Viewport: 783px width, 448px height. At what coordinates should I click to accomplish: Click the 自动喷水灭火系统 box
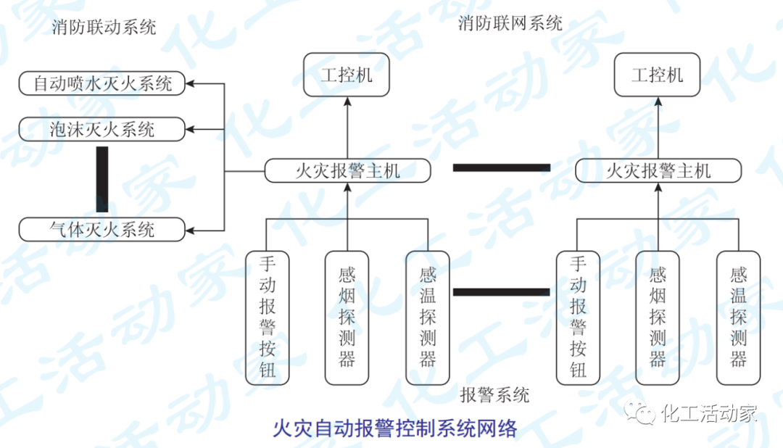click(x=102, y=83)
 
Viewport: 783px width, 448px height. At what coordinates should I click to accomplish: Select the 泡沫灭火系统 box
click(x=102, y=130)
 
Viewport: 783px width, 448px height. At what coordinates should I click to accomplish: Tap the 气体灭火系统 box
click(x=102, y=230)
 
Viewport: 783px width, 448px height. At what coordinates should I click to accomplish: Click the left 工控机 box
click(x=347, y=75)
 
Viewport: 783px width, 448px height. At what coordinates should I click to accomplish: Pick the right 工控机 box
click(x=658, y=75)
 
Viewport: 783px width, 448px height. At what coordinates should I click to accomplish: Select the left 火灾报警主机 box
click(x=347, y=171)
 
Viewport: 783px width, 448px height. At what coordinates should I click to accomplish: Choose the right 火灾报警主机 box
click(x=658, y=171)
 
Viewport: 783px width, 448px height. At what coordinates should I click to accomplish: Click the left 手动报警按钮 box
click(x=268, y=317)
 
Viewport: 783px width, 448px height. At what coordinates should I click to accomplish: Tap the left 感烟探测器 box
click(x=347, y=317)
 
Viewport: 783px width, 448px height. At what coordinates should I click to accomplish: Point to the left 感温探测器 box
click(x=428, y=317)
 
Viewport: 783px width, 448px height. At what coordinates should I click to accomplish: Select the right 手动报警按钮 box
click(x=578, y=317)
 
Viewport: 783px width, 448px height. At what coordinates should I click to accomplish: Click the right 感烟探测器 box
click(x=658, y=317)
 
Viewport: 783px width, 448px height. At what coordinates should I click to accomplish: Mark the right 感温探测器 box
click(x=738, y=317)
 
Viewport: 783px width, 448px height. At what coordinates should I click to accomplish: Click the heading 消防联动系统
click(x=104, y=28)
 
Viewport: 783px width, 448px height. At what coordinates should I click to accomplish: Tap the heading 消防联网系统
click(x=510, y=23)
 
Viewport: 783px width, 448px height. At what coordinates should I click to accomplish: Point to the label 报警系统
click(x=494, y=395)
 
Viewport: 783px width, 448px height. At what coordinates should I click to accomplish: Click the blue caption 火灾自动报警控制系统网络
click(x=395, y=428)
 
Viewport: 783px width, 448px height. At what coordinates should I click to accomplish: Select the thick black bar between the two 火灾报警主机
click(x=502, y=167)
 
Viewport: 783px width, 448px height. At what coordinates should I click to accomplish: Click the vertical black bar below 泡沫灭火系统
click(x=102, y=179)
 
